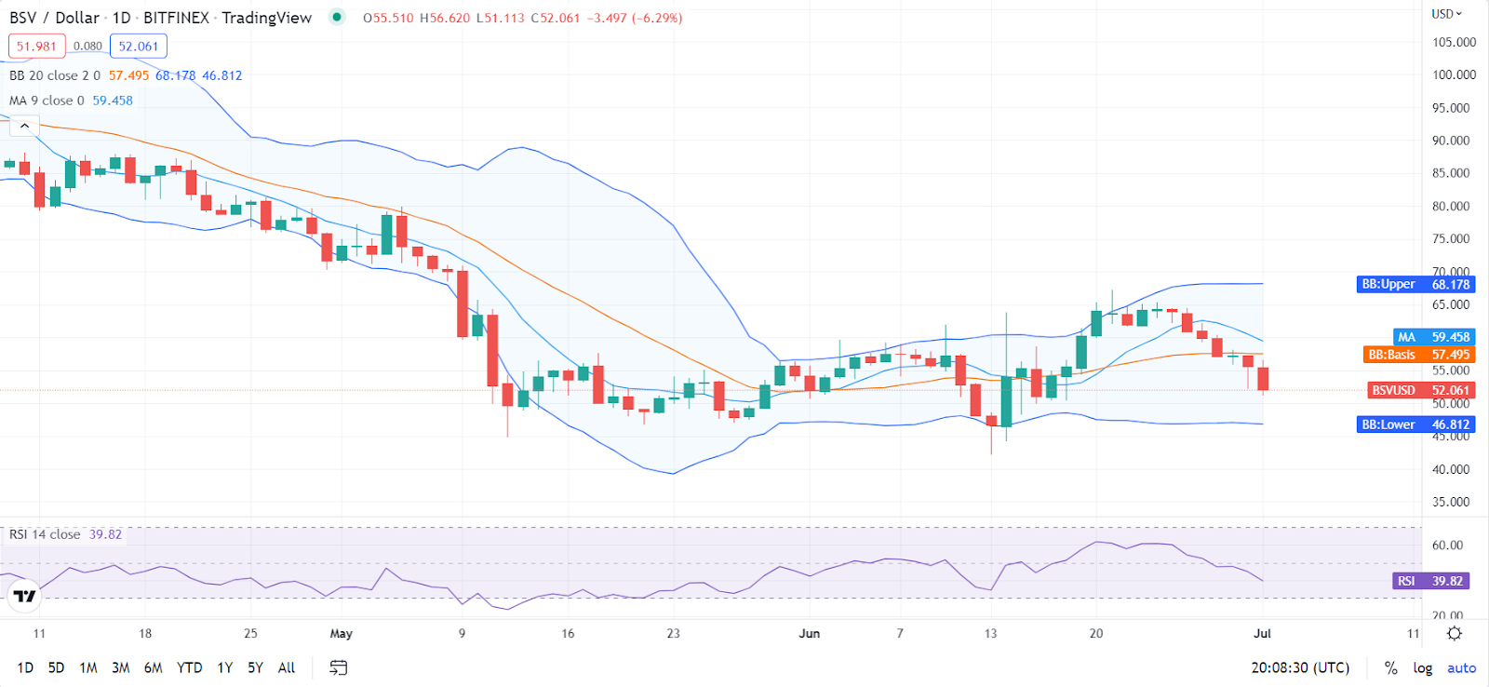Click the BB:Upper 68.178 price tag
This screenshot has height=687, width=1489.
click(x=1415, y=284)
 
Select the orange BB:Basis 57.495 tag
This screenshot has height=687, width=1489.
click(x=1418, y=355)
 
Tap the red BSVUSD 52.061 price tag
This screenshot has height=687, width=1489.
click(x=1420, y=390)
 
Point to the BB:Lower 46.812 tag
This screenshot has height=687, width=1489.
click(x=1415, y=424)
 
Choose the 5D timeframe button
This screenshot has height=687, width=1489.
click(x=56, y=667)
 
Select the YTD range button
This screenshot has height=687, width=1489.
click(x=189, y=667)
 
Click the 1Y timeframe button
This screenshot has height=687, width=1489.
click(x=224, y=667)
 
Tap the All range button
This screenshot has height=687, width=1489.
click(x=287, y=667)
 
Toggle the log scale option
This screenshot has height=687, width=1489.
click(x=1422, y=667)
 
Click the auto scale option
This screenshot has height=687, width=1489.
click(x=1461, y=667)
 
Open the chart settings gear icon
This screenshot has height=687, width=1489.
click(x=1455, y=633)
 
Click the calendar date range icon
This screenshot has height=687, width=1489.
click(x=339, y=667)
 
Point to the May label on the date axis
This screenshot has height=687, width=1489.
click(x=341, y=633)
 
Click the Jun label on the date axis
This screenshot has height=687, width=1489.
click(x=809, y=633)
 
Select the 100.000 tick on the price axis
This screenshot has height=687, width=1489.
click(x=1454, y=74)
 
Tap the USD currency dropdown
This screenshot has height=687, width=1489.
click(x=1446, y=13)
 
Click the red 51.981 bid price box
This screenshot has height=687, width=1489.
click(x=37, y=46)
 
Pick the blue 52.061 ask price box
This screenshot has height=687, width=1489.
click(x=138, y=46)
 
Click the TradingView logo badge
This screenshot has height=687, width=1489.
click(x=24, y=596)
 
